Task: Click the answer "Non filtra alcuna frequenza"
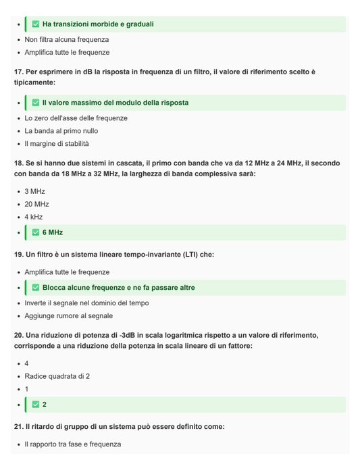66,39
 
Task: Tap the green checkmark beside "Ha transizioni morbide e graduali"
36,24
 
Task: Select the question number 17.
18,72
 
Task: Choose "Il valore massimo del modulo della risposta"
115,103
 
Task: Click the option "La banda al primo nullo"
61,131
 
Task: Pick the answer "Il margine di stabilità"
56,144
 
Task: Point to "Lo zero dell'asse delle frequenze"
76,118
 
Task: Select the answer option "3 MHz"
34,191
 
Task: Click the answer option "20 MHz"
36,204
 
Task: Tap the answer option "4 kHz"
33,217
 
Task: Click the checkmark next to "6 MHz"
36,232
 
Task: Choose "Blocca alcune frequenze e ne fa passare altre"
118,288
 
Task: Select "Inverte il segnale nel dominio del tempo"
87,303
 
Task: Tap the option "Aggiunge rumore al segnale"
68,316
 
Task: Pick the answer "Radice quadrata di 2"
57,376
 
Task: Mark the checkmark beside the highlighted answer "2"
36,405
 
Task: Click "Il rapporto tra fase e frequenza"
73,444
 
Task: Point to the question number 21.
18,427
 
